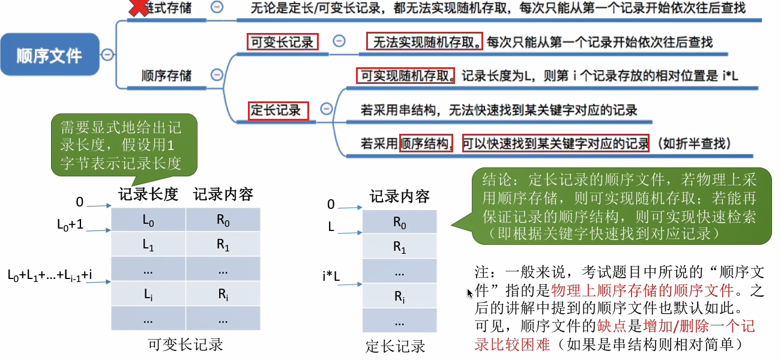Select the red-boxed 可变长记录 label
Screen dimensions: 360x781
coord(282,42)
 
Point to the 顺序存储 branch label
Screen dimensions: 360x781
coord(167,76)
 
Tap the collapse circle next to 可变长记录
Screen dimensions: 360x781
coord(339,41)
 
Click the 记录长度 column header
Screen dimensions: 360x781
coord(148,194)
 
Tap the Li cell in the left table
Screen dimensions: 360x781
coord(148,294)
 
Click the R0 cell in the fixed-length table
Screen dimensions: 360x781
coord(400,223)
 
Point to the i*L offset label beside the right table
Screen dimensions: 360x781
coord(331,277)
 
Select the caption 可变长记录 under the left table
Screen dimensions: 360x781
coord(185,344)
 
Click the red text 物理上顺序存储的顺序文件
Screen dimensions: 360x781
coord(642,292)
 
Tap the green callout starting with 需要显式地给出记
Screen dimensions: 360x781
coord(123,144)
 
